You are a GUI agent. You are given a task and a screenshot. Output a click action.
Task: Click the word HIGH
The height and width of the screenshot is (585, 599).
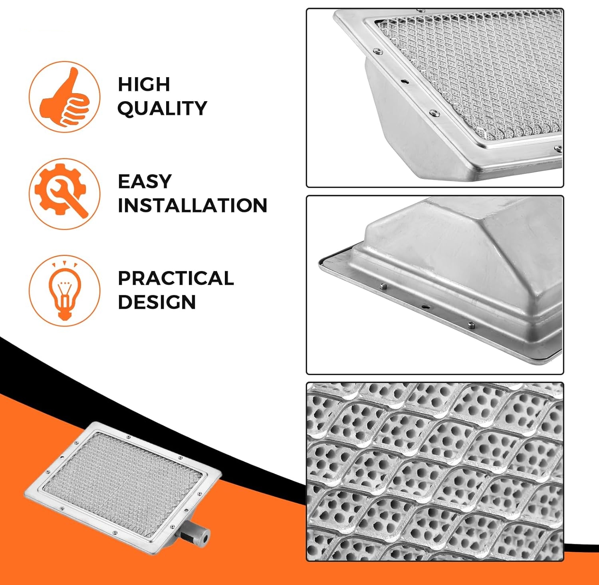pos(144,84)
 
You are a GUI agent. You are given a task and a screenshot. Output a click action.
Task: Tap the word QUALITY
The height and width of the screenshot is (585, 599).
pos(162,108)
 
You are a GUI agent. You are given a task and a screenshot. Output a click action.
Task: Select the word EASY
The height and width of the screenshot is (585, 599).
pos(145,182)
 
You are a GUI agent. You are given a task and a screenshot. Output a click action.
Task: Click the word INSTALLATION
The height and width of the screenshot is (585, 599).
pos(192,206)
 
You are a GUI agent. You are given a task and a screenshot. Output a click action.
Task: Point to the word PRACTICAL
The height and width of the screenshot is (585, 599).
pos(176,278)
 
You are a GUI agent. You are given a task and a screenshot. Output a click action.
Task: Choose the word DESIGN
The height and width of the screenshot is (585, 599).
pos(157,302)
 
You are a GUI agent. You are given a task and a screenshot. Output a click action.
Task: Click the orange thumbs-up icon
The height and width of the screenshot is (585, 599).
pos(64,97)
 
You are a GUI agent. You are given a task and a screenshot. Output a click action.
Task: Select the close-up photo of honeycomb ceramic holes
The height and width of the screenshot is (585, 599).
pos(435,472)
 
